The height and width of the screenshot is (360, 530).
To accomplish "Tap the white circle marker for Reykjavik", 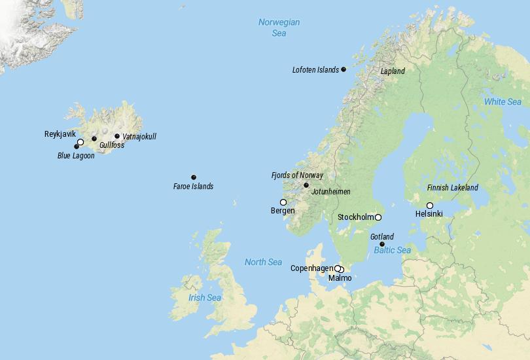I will [80, 142].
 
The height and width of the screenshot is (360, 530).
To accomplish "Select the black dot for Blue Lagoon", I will [77, 147].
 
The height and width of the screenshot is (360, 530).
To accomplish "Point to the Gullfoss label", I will [112, 145].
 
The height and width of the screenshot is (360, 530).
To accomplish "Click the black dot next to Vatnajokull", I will [117, 136].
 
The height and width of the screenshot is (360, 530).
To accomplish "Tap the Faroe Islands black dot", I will [194, 177].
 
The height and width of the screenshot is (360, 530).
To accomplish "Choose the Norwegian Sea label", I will [279, 27].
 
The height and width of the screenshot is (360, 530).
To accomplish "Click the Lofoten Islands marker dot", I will [344, 69].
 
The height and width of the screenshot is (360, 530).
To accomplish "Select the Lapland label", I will [393, 71].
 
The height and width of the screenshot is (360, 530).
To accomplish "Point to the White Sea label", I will [503, 102].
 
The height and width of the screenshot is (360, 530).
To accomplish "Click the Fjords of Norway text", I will [297, 175].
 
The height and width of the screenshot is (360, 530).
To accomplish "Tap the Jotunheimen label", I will [331, 192].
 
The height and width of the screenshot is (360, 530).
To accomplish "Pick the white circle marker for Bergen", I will [283, 202].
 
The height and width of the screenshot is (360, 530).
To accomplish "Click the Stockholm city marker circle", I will [378, 217].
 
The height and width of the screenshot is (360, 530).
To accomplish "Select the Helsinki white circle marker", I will [430, 206].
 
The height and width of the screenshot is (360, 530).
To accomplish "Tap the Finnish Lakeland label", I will [453, 188].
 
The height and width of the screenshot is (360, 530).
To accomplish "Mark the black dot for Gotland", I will [382, 244].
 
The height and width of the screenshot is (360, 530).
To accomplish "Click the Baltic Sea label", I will [393, 251].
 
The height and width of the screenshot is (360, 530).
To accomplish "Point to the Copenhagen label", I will [311, 268].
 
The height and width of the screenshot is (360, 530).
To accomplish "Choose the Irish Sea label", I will [205, 298].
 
